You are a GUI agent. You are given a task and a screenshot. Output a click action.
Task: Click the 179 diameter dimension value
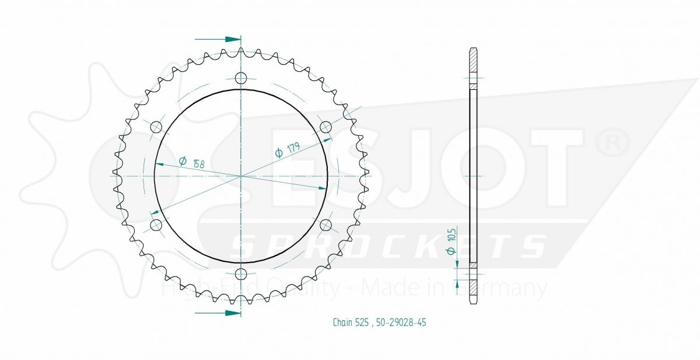click(287, 150)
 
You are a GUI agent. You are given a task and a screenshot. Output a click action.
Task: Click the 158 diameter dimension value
click(191, 162)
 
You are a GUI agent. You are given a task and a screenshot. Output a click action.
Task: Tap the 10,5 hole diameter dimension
click(452, 241)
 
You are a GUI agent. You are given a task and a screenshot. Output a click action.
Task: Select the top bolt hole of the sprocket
click(241, 78)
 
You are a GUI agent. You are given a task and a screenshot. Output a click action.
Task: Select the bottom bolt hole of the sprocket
click(241, 274)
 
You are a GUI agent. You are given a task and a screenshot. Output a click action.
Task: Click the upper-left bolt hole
click(156, 127)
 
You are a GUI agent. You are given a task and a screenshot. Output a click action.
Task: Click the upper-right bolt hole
click(326, 127)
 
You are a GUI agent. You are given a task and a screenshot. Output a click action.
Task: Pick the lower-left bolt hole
click(156, 225)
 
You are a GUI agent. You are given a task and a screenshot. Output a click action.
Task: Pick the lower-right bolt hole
click(326, 225)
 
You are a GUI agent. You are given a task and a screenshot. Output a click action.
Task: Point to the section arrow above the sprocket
click(218, 39)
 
